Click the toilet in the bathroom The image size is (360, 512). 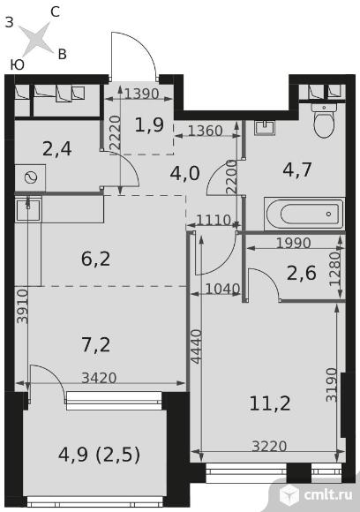324,120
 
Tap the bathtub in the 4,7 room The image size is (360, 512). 304,214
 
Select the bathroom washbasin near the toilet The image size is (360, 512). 265,127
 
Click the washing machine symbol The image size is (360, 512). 30,177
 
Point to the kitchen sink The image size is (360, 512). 28,209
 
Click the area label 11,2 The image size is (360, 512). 270,403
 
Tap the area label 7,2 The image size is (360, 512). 96,345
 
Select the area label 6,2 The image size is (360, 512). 96,259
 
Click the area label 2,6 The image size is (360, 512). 302,273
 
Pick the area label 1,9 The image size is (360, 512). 149,124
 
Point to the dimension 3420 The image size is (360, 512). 99,378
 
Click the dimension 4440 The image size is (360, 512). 196,346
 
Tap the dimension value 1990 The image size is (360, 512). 294,243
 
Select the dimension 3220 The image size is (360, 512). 270,446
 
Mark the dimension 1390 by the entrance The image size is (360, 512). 142,94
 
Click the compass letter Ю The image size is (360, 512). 18,65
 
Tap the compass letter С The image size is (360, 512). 56,12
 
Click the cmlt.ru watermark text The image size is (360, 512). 328,494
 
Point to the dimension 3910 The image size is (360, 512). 23,306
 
